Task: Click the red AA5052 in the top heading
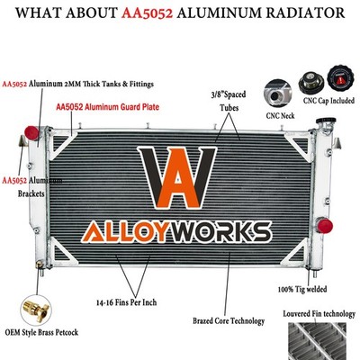tap(148, 13)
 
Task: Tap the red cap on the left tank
tap(31, 133)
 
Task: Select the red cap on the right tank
tap(325, 226)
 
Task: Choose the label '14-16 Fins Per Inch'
tap(127, 302)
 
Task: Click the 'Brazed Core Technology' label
tap(229, 321)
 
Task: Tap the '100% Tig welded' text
tap(302, 289)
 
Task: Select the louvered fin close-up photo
tap(317, 341)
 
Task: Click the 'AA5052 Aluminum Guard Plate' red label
tap(108, 107)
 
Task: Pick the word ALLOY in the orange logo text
tap(123, 232)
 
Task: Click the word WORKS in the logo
tap(219, 232)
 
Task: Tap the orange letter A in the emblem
tap(178, 179)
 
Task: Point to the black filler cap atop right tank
tap(326, 121)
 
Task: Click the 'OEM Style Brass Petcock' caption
tap(41, 332)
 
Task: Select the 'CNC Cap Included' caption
tap(328, 101)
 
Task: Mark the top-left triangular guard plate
tap(61, 145)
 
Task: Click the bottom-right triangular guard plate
tap(298, 253)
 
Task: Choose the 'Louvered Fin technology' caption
tap(319, 314)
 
